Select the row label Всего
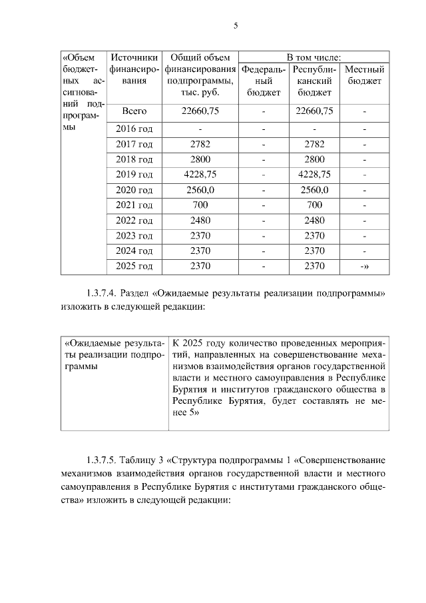(134, 111)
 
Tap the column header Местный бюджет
(364, 75)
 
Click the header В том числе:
(314, 57)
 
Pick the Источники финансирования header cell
(134, 69)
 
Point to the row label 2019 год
(134, 175)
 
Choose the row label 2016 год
(134, 128)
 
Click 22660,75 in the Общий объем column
(200, 111)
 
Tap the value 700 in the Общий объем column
(200, 205)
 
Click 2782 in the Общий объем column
(200, 144)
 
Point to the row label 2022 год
(134, 221)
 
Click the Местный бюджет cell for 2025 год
(364, 267)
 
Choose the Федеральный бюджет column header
(264, 81)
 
